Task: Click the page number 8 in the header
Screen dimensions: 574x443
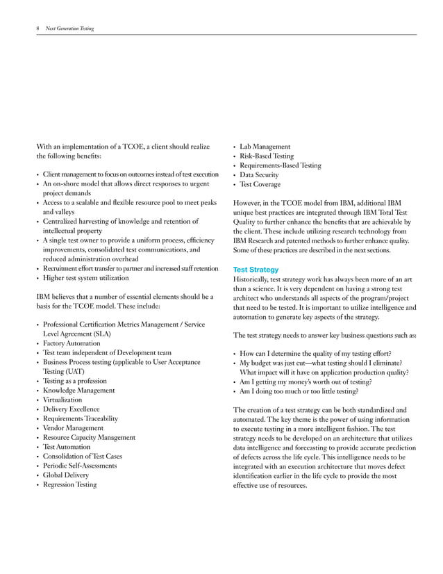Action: [x=37, y=28]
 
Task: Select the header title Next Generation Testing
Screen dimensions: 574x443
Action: [x=69, y=28]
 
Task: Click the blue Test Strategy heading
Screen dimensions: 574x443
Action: [x=256, y=270]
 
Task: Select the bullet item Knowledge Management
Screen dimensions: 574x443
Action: [x=79, y=391]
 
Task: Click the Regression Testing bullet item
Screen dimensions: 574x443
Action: [x=70, y=485]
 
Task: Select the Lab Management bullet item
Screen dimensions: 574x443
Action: [x=265, y=147]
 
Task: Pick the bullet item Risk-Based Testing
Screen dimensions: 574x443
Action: [x=267, y=156]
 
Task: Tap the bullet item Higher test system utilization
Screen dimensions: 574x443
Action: [x=86, y=278]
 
